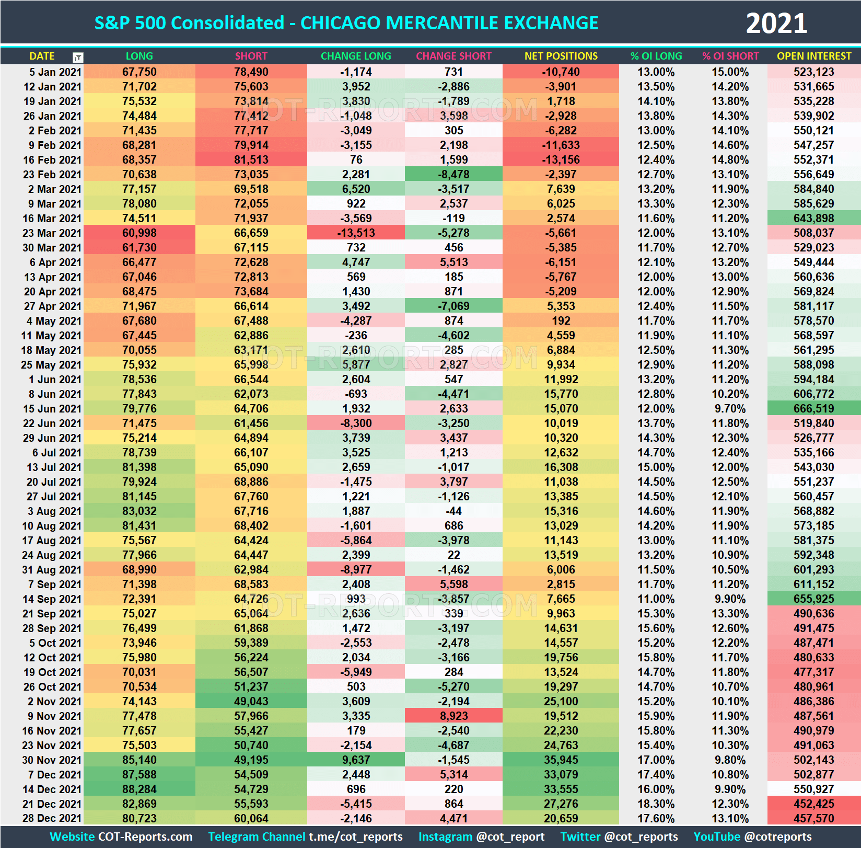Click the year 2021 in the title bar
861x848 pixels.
776,24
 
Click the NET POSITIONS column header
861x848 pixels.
561,56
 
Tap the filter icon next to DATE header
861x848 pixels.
78,57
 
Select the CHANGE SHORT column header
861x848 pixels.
453,56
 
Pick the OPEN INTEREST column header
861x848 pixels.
813,56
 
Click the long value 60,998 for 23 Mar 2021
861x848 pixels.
139,233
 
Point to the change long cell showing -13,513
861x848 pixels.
356,233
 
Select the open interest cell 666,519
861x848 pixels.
813,409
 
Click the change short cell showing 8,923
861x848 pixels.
453,716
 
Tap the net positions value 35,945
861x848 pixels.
561,760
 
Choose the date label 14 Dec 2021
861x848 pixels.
52,789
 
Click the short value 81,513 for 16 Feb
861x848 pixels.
251,160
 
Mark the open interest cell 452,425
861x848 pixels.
813,804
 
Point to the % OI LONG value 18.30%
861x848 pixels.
656,804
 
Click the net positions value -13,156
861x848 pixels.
561,160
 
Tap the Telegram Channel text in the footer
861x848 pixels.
256,836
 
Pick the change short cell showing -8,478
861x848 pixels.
453,175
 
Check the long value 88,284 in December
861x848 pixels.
139,789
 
